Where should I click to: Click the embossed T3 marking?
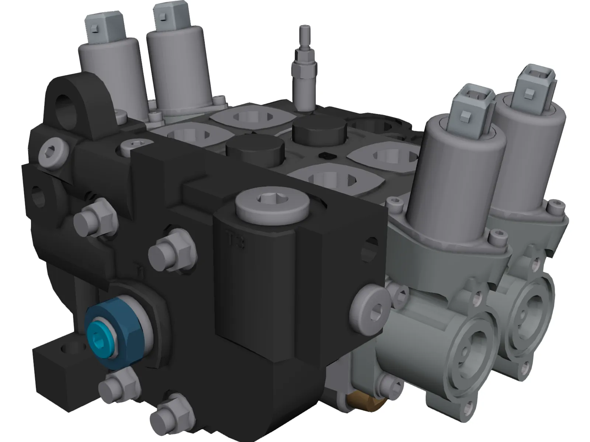[x=236, y=243]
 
